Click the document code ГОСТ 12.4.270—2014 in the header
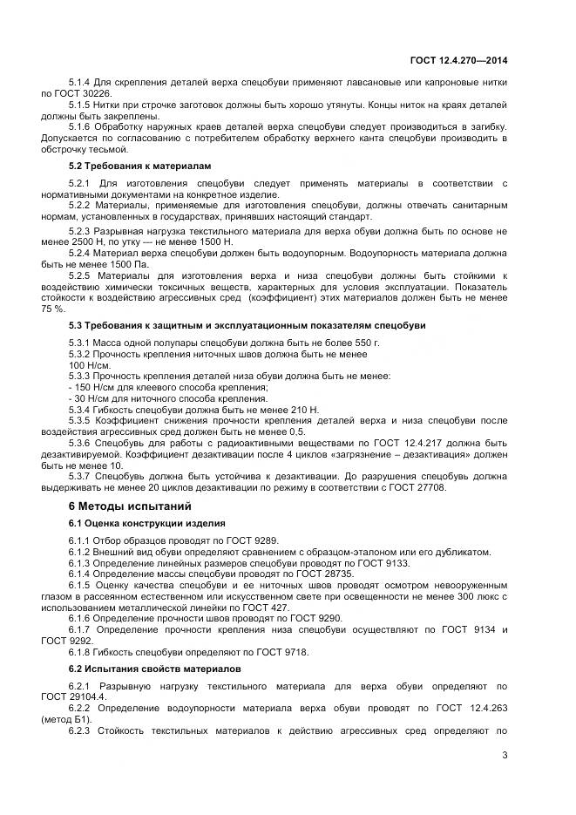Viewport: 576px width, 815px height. (458, 60)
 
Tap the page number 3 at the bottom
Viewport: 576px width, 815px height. (505, 755)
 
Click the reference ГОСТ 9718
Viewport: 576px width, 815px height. (280, 651)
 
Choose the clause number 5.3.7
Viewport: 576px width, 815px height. (80, 477)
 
